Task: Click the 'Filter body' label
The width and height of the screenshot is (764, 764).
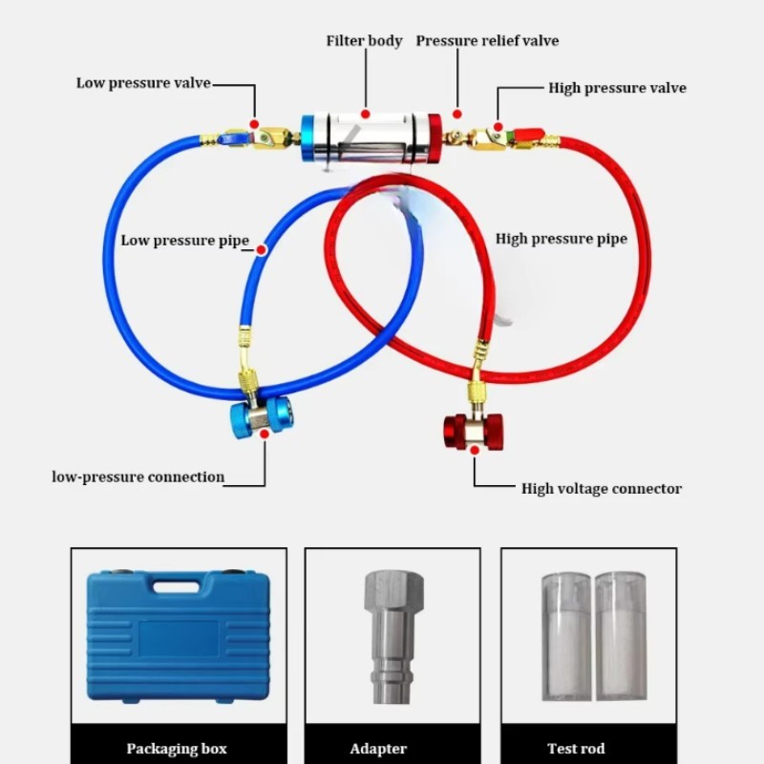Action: click(x=364, y=41)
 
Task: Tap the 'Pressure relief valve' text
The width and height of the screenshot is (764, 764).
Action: click(x=487, y=41)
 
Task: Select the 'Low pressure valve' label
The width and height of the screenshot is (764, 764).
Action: click(x=143, y=83)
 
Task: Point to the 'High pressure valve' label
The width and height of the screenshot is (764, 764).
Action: click(x=617, y=88)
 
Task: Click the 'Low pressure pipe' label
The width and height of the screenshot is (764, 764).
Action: click(x=184, y=241)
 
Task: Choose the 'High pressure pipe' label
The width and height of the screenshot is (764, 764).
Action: click(x=561, y=239)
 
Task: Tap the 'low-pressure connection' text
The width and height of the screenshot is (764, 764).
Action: click(x=138, y=477)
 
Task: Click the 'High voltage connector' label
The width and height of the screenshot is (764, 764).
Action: click(x=602, y=489)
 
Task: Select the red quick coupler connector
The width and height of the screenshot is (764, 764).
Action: click(x=466, y=431)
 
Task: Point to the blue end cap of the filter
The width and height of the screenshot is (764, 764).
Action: click(x=309, y=142)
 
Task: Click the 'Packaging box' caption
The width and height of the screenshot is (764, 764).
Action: click(x=177, y=749)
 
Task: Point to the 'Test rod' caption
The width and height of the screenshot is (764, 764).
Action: click(x=576, y=749)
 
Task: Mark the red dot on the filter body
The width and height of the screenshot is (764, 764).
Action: click(x=365, y=113)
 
